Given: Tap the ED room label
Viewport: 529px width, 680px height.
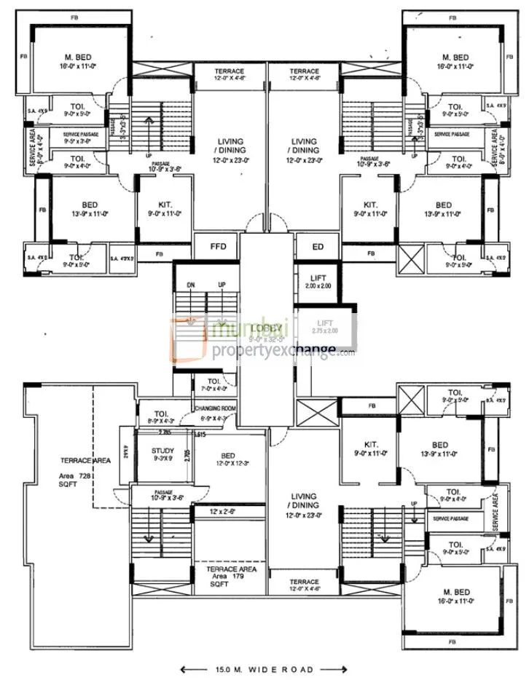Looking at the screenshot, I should tap(318, 246).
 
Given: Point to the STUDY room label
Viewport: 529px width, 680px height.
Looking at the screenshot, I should tap(163, 451).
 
